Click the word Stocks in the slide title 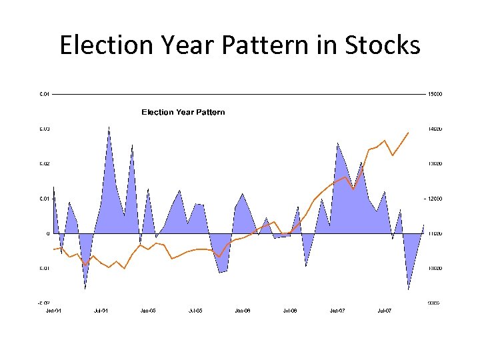coord(383,45)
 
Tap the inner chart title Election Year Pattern coord(183,112)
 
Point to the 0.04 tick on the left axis coord(44,94)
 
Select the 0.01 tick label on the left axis coord(44,199)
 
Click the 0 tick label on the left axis coord(47,234)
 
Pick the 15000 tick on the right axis coord(435,94)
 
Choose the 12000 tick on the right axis coord(435,199)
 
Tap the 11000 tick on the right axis coord(435,234)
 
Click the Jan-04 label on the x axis coord(53,311)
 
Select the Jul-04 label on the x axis coord(101,311)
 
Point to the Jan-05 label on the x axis coord(148,311)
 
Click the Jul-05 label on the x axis coord(195,311)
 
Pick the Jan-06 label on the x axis coord(243,311)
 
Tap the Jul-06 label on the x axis coord(290,311)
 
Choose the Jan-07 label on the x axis coord(337,311)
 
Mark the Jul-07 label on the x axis coord(385,311)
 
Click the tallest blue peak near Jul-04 coord(109,126)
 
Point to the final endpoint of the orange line coord(408,133)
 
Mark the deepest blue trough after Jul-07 coord(409,290)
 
